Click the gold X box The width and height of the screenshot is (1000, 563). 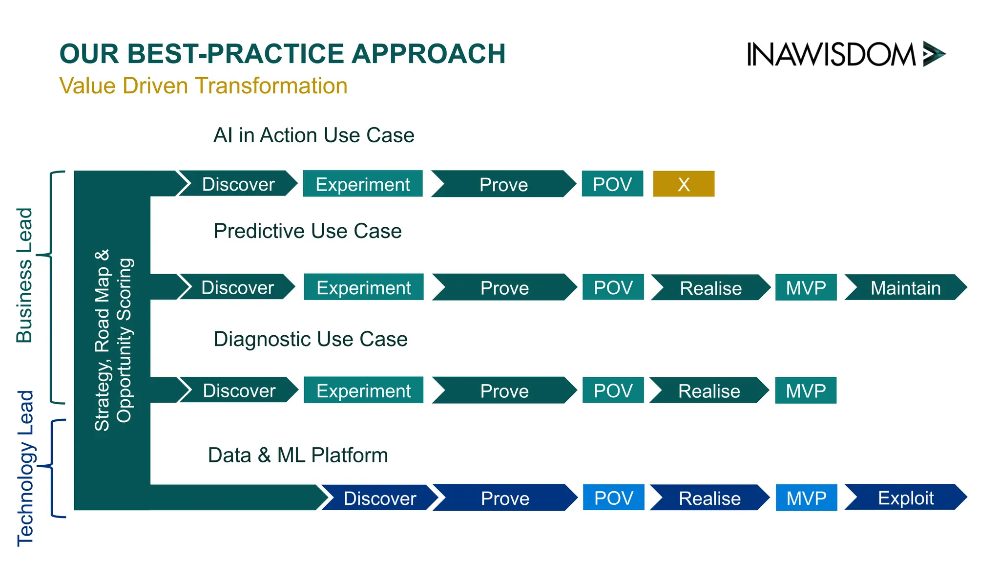pyautogui.click(x=684, y=184)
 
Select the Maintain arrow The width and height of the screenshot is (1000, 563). pyautogui.click(x=905, y=288)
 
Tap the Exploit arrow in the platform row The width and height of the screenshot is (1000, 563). pyautogui.click(x=905, y=498)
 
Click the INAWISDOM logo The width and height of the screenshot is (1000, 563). pyautogui.click(x=845, y=54)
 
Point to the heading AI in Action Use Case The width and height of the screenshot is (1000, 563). pyautogui.click(x=313, y=135)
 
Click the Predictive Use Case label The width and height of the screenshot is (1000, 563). pyautogui.click(x=307, y=231)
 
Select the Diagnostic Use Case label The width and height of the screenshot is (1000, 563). pyautogui.click(x=310, y=339)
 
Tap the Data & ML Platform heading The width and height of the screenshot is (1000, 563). pyautogui.click(x=297, y=455)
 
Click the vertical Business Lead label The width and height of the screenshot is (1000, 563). pyautogui.click(x=24, y=275)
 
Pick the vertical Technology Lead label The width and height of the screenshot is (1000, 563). pyautogui.click(x=25, y=468)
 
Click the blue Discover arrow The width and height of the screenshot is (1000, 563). pyautogui.click(x=379, y=498)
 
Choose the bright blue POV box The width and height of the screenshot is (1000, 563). pyautogui.click(x=613, y=498)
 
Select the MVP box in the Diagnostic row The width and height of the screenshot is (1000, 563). pyautogui.click(x=806, y=391)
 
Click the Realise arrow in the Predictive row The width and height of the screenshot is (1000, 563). pyautogui.click(x=710, y=288)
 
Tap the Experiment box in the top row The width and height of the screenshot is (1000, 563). pyautogui.click(x=362, y=184)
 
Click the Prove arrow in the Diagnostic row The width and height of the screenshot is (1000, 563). pyautogui.click(x=504, y=391)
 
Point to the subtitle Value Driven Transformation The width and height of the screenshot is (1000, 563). pyautogui.click(x=203, y=86)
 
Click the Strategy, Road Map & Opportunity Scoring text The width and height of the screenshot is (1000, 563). pyautogui.click(x=113, y=340)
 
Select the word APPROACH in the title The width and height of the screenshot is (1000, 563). pyautogui.click(x=428, y=54)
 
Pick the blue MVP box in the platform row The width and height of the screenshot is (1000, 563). pyautogui.click(x=806, y=498)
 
